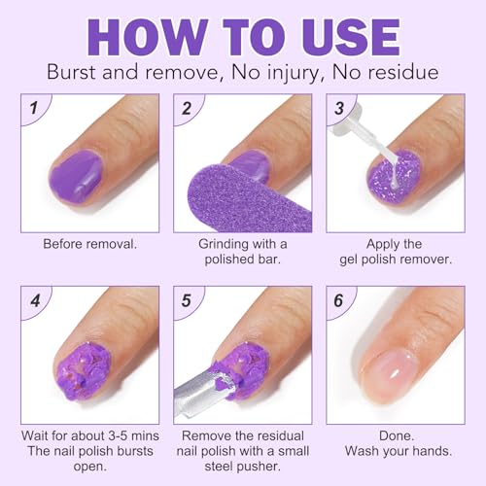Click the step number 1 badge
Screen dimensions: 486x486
(x=35, y=109)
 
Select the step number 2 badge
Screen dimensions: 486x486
(x=188, y=109)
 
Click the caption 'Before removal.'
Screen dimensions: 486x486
(x=89, y=244)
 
